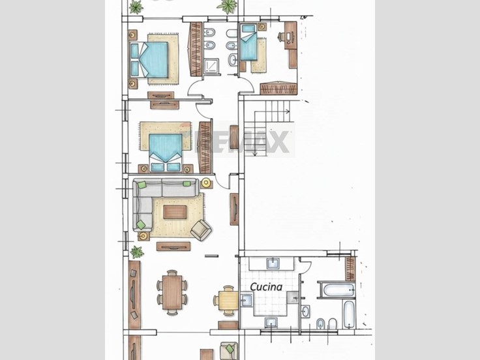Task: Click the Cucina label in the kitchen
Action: click(266, 287)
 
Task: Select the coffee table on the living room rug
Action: click(175, 212)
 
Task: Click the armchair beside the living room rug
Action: click(201, 230)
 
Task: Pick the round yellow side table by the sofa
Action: click(206, 183)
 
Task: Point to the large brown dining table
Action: click(172, 292)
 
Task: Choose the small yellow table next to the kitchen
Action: click(228, 301)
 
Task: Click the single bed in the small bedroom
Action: click(248, 42)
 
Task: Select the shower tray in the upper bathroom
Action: click(211, 67)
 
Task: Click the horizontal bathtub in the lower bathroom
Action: click(337, 290)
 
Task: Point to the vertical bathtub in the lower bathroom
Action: click(349, 314)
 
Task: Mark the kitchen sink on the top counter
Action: click(273, 263)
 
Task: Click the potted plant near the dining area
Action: click(137, 252)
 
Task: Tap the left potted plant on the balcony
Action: click(136, 7)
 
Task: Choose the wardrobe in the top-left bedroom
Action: click(196, 49)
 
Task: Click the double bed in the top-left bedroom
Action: click(149, 60)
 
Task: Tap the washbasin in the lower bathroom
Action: click(305, 312)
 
